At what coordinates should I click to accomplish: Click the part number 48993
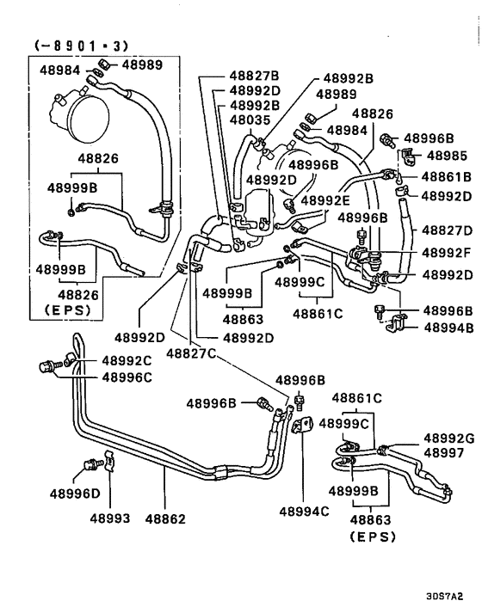[x=108, y=518]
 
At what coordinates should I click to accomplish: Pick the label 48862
[x=165, y=518]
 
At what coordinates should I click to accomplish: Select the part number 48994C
[x=304, y=512]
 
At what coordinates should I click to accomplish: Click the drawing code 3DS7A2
[x=449, y=594]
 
